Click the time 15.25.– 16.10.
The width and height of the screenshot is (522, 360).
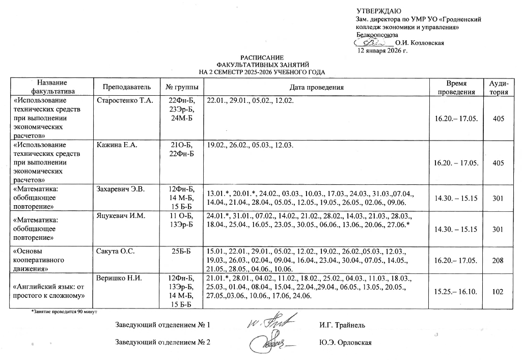[455, 292]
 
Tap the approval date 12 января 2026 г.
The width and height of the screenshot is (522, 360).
[383, 51]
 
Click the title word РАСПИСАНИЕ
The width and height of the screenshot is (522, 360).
[263, 58]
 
